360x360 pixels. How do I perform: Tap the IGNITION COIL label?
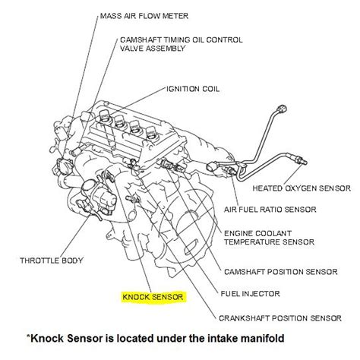click(x=194, y=89)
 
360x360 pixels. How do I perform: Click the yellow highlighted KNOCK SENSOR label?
click(x=153, y=298)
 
